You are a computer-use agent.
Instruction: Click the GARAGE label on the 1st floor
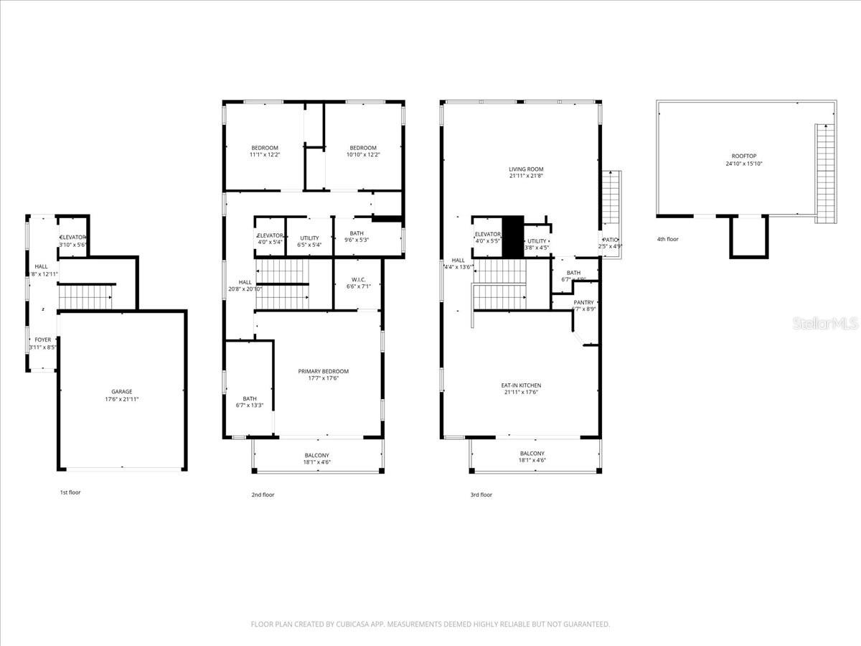[121, 391]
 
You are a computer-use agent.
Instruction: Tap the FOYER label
[44, 340]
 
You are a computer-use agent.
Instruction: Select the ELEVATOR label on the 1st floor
[72, 237]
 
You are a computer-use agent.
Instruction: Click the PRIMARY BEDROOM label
[323, 371]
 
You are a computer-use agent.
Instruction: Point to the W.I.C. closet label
[359, 280]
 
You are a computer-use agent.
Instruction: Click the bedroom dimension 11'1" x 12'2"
[264, 154]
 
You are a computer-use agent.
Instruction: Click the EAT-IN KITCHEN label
[521, 385]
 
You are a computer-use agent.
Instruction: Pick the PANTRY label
[583, 303]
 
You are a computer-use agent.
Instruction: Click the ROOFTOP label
[744, 156]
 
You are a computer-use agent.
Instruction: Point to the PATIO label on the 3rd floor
[611, 240]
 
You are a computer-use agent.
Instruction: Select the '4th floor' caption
[667, 239]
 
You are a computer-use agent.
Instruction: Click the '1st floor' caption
[70, 492]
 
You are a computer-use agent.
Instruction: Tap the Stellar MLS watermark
[824, 324]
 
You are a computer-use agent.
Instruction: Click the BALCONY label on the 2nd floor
[316, 455]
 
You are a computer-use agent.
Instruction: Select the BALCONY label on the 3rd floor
[532, 454]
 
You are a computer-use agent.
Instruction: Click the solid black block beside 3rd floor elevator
[512, 236]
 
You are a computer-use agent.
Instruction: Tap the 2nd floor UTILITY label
[309, 238]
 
